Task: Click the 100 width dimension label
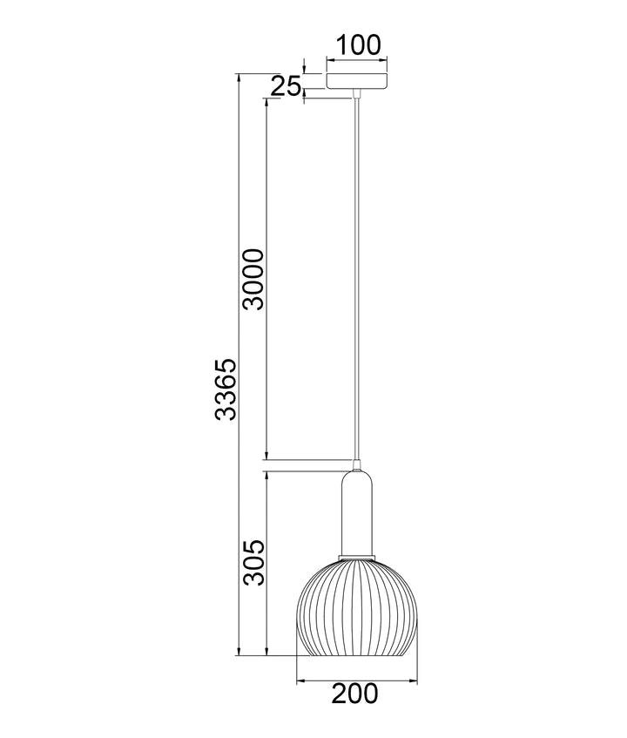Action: (358, 45)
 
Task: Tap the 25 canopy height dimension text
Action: (285, 85)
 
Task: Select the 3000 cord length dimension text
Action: (253, 279)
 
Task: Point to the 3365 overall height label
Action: (225, 389)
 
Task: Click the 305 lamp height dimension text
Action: (253, 563)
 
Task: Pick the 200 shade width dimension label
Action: (355, 694)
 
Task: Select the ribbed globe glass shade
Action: (356, 606)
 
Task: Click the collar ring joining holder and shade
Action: (356, 555)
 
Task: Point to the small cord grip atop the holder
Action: (356, 463)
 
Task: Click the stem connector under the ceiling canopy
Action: (357, 92)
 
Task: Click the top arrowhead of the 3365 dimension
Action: (238, 78)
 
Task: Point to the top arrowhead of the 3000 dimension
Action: (266, 101)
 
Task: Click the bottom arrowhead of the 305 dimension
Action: (266, 651)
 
